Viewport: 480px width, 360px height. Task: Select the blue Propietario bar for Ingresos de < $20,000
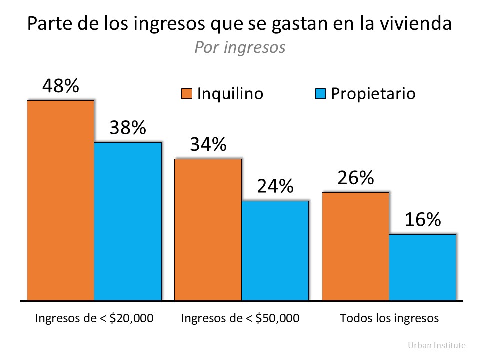point(128,222)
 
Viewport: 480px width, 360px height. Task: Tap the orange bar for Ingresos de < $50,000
point(208,230)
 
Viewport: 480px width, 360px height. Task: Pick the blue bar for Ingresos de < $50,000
point(275,251)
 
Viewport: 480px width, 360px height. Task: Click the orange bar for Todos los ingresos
point(355,247)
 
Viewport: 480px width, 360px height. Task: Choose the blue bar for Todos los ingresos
point(422,268)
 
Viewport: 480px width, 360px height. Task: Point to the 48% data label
point(60,86)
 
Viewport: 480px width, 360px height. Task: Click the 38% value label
point(128,128)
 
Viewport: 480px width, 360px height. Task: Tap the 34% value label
point(208,144)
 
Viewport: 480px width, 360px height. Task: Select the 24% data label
point(275,186)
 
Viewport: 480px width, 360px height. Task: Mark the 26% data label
point(355,178)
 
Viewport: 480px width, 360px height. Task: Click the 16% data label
point(422,219)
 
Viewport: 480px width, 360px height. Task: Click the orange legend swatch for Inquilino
point(187,94)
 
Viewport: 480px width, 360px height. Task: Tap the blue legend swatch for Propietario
point(320,94)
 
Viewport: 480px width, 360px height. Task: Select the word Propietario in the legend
point(373,94)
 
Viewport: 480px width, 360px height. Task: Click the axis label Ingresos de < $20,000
point(94,318)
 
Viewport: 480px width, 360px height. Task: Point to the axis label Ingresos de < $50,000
point(240,318)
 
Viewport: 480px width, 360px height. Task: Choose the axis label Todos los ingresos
point(389,318)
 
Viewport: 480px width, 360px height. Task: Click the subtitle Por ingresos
point(240,47)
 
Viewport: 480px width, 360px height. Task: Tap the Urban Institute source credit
point(436,345)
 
